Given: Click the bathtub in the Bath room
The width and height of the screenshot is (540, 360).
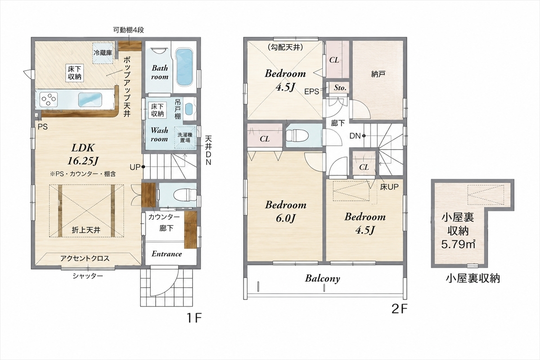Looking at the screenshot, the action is (184, 67).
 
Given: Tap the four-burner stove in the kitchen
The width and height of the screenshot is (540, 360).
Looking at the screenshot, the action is (49, 99).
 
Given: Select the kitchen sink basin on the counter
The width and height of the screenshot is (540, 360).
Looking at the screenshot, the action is (90, 99).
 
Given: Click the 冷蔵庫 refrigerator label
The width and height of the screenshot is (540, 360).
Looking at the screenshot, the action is (103, 53).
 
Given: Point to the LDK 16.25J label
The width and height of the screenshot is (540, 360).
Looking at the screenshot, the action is (82, 154).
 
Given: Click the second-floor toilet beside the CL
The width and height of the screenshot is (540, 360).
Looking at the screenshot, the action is (297, 135).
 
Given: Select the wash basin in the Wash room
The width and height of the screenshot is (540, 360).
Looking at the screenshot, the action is (189, 110).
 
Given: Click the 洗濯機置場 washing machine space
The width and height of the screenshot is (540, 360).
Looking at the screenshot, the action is (185, 137).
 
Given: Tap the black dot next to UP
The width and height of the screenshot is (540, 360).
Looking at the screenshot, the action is (143, 166).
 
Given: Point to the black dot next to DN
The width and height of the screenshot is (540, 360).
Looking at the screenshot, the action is (364, 136).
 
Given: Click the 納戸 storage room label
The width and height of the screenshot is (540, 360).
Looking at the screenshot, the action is (378, 74).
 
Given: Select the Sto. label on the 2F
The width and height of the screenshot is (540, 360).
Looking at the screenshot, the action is (340, 88).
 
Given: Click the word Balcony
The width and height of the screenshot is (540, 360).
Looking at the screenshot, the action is (322, 279).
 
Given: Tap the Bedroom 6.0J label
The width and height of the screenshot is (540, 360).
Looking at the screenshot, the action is (286, 211).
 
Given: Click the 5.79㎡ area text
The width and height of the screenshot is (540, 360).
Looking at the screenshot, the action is (458, 244).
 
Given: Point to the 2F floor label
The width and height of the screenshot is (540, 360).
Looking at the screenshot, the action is (399, 309).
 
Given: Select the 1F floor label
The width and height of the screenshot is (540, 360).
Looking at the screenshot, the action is (193, 318).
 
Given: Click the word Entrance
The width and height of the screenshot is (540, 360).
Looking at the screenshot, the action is (166, 254).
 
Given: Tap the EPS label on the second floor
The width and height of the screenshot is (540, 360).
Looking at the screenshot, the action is (311, 91).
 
